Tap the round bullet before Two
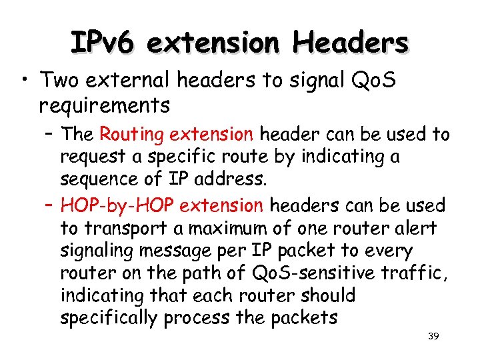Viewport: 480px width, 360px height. click(24, 82)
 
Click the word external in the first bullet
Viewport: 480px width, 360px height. click(138, 81)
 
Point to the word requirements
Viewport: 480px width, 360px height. click(104, 105)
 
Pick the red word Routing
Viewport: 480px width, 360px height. click(132, 135)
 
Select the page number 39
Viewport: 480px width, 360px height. click(433, 337)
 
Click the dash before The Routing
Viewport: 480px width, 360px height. click(49, 135)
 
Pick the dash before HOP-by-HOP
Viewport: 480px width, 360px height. click(49, 205)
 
